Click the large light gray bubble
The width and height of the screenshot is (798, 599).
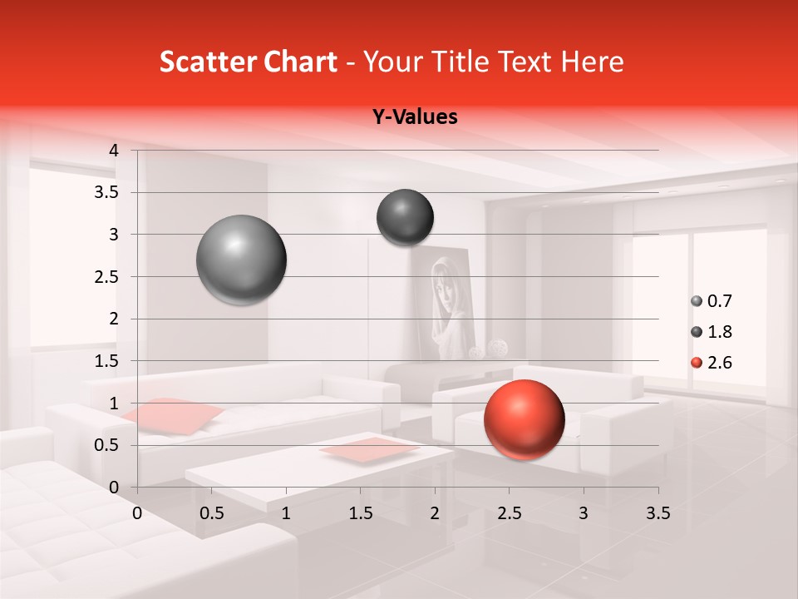(241, 260)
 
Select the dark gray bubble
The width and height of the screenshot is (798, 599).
(405, 217)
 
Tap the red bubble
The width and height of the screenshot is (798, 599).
(524, 419)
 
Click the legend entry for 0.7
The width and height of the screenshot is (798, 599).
(712, 301)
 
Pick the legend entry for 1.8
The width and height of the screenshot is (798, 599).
(712, 332)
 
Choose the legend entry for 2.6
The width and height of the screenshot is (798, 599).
(712, 363)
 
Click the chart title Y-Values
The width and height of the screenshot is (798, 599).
(414, 117)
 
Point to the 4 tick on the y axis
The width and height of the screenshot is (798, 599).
(114, 151)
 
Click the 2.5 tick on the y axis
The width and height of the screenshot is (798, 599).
(106, 277)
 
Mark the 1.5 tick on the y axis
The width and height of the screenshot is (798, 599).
(106, 361)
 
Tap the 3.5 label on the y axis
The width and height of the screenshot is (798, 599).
(106, 193)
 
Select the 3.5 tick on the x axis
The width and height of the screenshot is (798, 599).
(658, 513)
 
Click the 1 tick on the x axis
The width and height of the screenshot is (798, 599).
(286, 513)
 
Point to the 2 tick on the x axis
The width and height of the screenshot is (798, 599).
(435, 513)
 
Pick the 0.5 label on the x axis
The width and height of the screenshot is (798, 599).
(212, 513)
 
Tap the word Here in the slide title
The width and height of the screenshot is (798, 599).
(592, 62)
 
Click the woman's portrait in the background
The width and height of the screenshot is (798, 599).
(441, 304)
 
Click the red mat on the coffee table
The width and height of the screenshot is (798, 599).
(370, 449)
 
